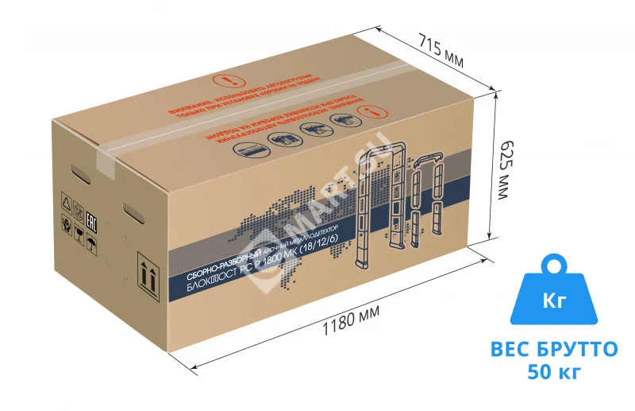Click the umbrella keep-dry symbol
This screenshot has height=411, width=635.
tap(91, 243)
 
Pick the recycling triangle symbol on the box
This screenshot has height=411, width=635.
tap(66, 203)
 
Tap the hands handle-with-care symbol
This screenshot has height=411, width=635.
tap(66, 224)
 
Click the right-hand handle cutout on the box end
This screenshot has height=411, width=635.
tap(133, 213)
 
